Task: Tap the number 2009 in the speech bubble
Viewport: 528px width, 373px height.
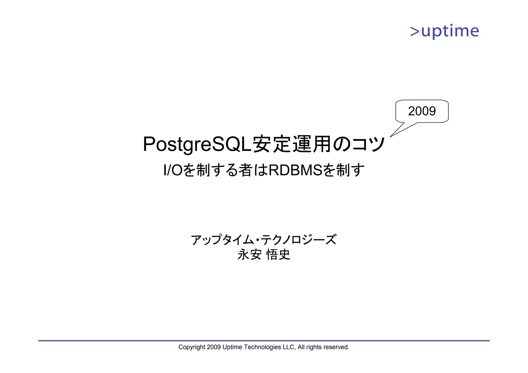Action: [x=422, y=111]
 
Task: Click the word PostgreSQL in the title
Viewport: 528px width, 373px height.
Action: [x=197, y=145]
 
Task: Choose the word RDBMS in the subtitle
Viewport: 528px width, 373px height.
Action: [x=295, y=170]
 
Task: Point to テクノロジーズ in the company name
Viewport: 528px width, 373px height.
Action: [x=299, y=240]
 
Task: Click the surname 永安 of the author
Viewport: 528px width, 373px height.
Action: [x=249, y=255]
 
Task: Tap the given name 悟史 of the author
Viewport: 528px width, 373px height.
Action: [x=278, y=255]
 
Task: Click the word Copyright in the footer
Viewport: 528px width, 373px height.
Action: [x=192, y=347]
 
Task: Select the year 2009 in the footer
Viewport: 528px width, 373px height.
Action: [x=214, y=347]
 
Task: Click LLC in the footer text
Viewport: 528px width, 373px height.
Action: [x=288, y=347]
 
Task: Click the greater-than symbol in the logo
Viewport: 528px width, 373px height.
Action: [x=415, y=31]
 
